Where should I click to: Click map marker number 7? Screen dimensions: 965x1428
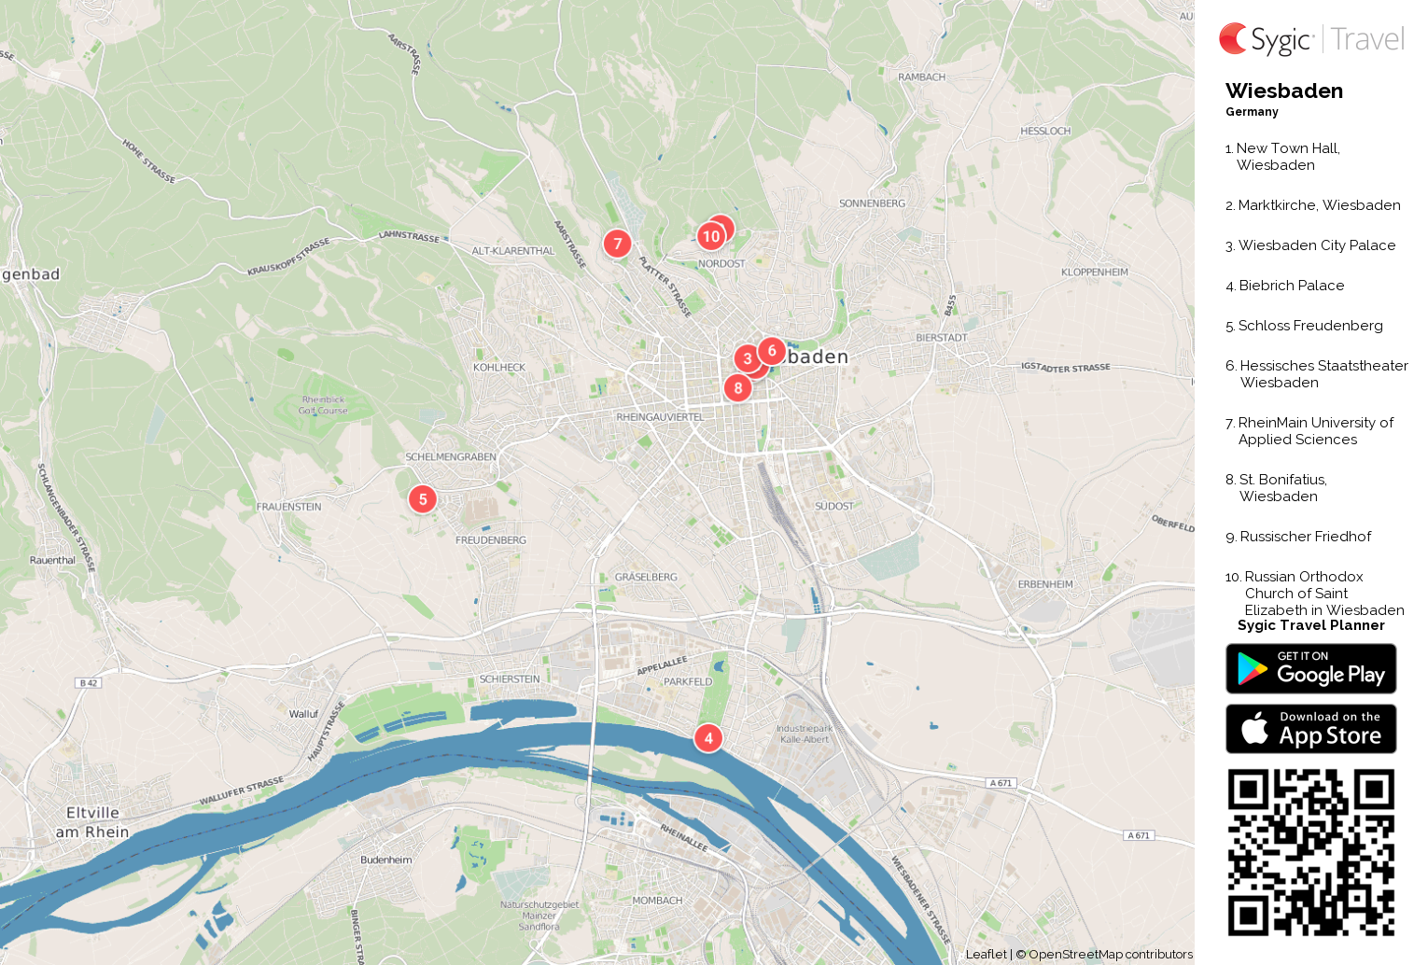click(x=617, y=244)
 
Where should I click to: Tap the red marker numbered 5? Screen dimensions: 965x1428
click(x=423, y=499)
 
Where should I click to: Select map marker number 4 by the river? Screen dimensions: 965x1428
click(x=708, y=738)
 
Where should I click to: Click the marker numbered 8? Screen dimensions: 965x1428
click(x=738, y=388)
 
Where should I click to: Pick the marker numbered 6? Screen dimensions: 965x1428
click(x=772, y=351)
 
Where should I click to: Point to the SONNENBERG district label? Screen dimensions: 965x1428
click(x=872, y=203)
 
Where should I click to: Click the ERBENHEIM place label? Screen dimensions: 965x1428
click(x=1045, y=584)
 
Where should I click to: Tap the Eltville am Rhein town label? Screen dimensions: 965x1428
click(x=92, y=822)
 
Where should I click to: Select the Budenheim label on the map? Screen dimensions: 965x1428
click(x=386, y=860)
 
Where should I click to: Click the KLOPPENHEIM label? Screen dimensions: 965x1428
click(x=1095, y=273)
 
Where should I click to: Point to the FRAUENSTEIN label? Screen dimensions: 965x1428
click(x=289, y=507)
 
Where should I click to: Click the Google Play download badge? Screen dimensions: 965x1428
click(x=1310, y=669)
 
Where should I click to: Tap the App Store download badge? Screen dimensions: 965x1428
click(x=1310, y=729)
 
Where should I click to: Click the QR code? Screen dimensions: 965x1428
click(x=1310, y=852)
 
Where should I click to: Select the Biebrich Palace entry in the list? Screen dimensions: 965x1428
click(x=1291, y=286)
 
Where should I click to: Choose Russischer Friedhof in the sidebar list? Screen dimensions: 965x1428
click(x=1305, y=537)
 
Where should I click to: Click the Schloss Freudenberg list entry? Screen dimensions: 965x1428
click(x=1310, y=326)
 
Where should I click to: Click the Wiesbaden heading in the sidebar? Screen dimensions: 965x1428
click(x=1284, y=91)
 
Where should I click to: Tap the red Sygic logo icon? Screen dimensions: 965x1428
click(x=1233, y=38)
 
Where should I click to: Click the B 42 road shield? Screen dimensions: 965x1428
click(x=89, y=683)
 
